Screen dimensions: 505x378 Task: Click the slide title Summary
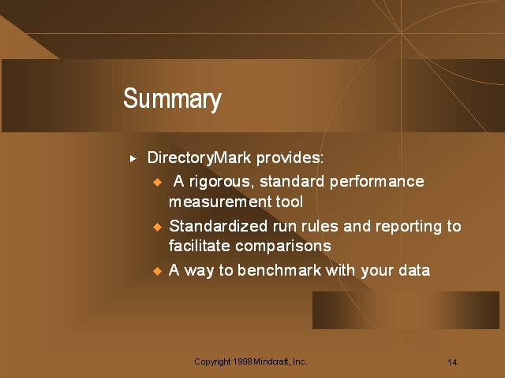coord(172,99)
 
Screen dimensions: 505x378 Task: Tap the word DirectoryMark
coord(199,157)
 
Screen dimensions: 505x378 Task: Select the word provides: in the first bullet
coord(290,157)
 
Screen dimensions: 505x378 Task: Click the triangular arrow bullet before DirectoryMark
coord(133,158)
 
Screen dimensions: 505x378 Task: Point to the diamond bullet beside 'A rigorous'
coord(158,182)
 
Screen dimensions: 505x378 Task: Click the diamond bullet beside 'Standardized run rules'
coord(158,227)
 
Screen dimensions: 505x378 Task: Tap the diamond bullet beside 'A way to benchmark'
coord(158,271)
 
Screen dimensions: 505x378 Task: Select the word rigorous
coord(221,182)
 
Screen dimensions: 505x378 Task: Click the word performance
coord(377,182)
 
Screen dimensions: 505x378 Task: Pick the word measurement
coord(220,202)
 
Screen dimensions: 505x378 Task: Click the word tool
coord(290,202)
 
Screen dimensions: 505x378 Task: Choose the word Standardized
coord(218,226)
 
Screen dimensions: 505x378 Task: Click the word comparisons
coord(283,246)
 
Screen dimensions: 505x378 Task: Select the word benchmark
coord(279,270)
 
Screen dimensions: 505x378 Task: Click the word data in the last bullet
coord(414,270)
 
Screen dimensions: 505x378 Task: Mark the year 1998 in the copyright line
coord(242,361)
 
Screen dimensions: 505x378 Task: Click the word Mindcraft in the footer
coord(271,361)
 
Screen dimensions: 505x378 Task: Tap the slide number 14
coord(452,362)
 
